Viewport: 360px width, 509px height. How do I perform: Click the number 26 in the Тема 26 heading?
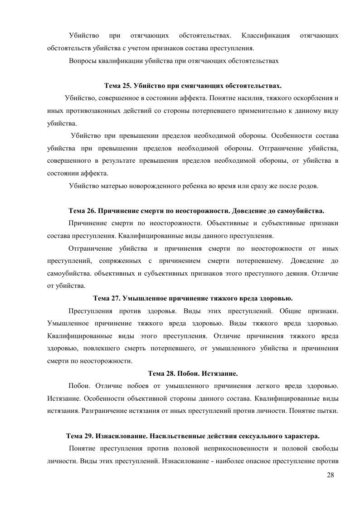click(x=90, y=211)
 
